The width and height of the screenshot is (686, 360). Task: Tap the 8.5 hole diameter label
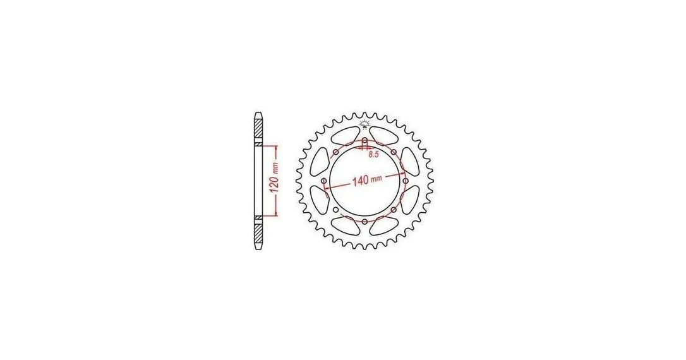point(373,154)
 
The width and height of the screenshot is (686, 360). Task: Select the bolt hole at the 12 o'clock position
point(364,141)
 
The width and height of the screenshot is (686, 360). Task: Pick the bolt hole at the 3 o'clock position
point(405,181)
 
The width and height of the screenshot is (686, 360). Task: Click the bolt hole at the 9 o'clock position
point(324,181)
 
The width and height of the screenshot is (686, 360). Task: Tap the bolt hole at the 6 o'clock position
point(364,221)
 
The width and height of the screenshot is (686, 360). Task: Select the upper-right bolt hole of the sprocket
point(394,152)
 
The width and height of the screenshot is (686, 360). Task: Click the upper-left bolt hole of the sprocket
point(335,152)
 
